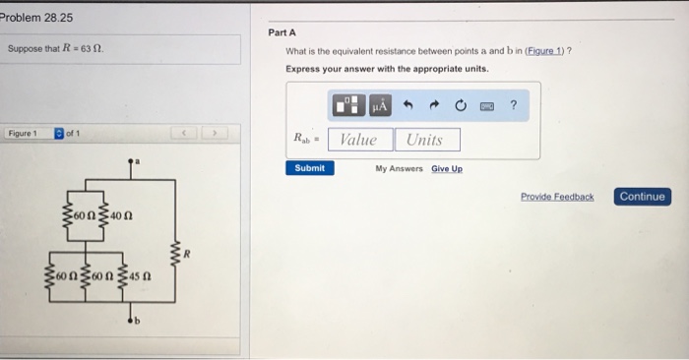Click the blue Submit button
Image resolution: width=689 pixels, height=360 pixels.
(x=309, y=168)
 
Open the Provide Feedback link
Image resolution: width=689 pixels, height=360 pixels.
(x=557, y=197)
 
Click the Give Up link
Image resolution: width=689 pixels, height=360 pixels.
(x=446, y=168)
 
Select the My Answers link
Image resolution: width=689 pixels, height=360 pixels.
(x=399, y=168)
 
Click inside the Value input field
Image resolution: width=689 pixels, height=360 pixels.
(x=359, y=140)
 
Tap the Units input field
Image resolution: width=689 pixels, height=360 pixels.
(x=425, y=140)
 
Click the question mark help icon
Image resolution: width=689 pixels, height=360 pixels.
(x=514, y=104)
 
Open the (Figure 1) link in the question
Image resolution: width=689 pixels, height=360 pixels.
(x=548, y=51)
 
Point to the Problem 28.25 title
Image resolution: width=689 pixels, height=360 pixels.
(x=36, y=17)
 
